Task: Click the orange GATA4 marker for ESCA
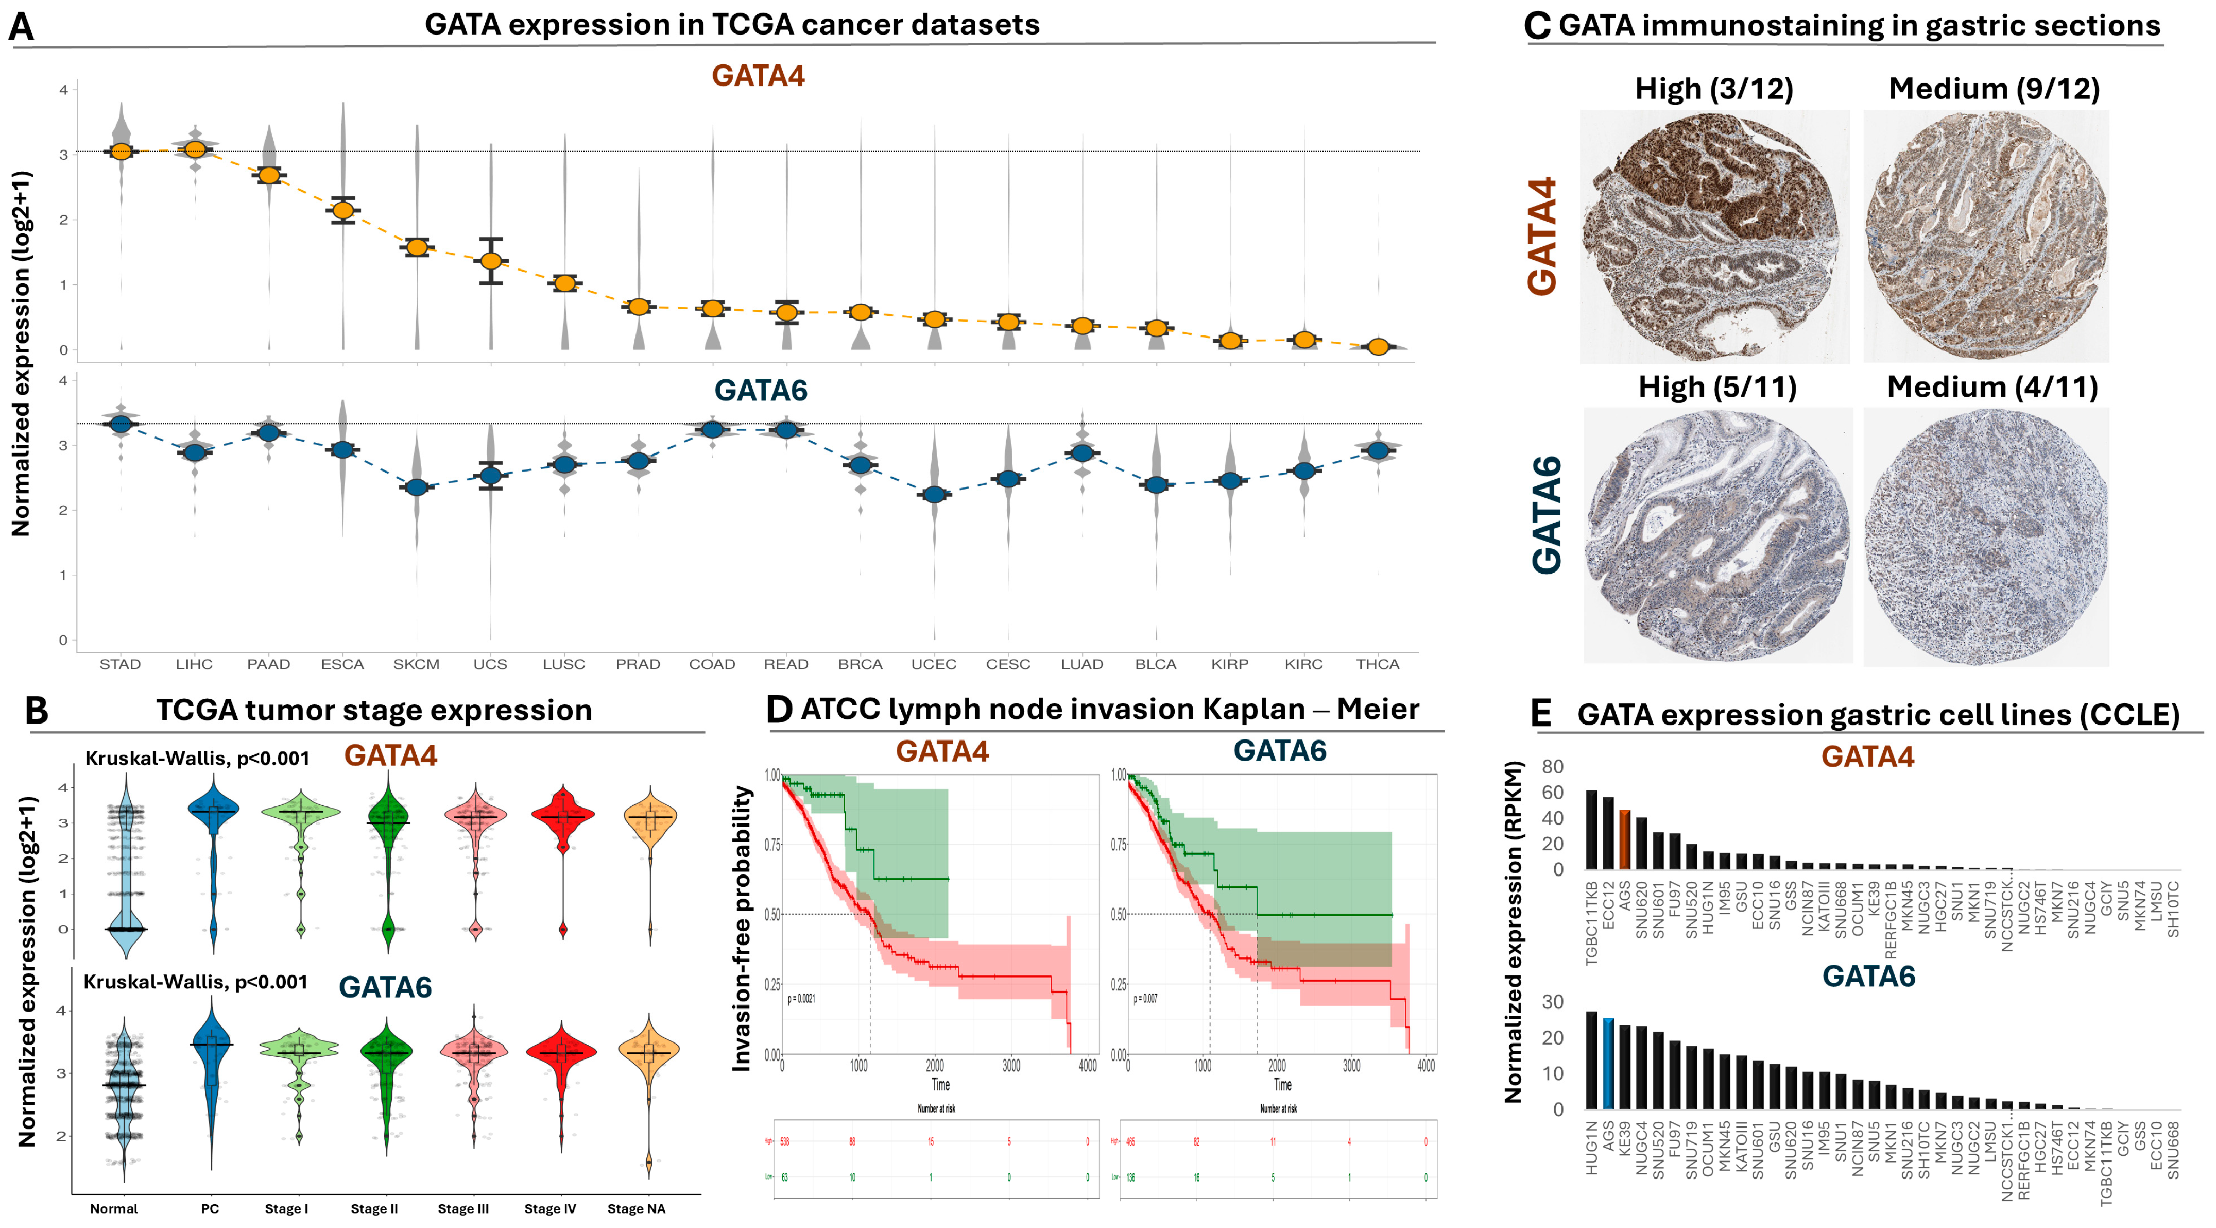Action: pos(343,210)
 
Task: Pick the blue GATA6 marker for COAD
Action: pos(712,429)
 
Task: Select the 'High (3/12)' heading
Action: pos(1713,89)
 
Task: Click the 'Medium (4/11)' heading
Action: pos(1992,387)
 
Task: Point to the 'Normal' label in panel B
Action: pos(113,1209)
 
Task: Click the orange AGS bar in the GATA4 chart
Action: pos(1625,840)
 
